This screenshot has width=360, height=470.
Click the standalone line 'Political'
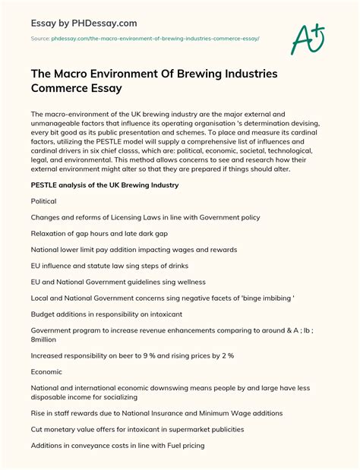pyautogui.click(x=43, y=201)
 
